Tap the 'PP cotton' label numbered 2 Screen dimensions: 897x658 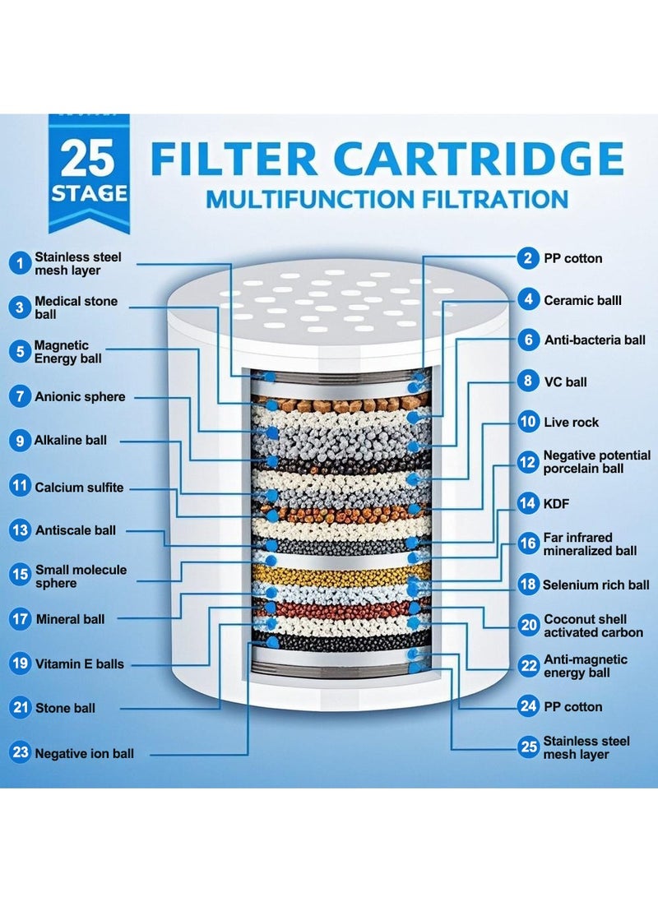[572, 258]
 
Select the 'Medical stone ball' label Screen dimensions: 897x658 [76, 307]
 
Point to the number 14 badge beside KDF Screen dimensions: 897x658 [527, 502]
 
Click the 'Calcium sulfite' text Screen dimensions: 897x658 [79, 488]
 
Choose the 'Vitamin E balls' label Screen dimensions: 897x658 [79, 664]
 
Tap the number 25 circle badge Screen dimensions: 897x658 [527, 747]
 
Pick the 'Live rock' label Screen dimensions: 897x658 [571, 423]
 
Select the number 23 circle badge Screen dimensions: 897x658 [20, 751]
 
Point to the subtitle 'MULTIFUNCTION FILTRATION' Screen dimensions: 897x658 [387, 199]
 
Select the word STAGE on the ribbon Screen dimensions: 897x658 [89, 195]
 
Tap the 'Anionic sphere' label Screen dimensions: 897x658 [80, 396]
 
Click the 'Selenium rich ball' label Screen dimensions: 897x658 [595, 585]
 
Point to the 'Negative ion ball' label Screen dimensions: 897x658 [84, 752]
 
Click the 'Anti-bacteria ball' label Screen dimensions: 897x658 [595, 340]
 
